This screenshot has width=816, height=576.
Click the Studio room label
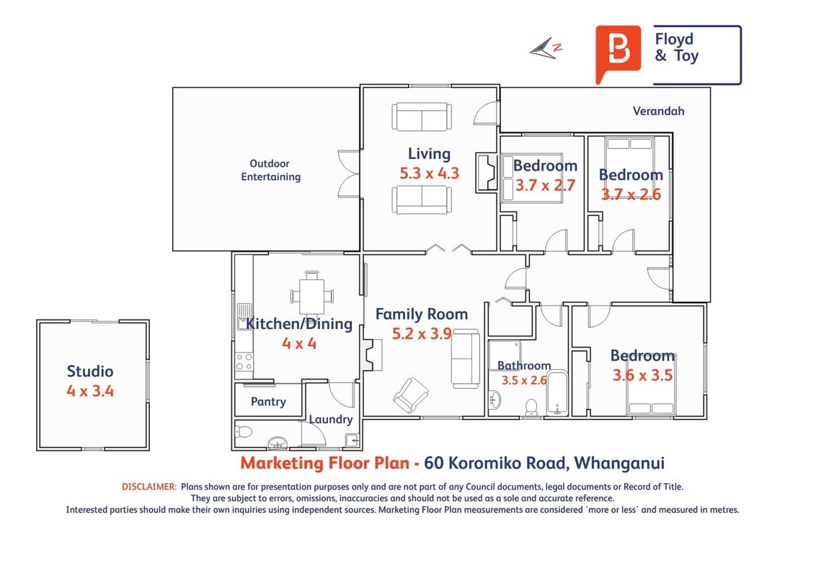pos(90,372)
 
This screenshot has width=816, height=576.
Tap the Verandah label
pos(658,111)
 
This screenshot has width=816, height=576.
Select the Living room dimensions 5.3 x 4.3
pos(430,173)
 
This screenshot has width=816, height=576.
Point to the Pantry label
pos(268,401)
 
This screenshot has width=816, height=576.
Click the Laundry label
pos(330,419)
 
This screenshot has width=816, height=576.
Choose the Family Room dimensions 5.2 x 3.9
pos(422,333)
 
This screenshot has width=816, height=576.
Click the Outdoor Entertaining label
pos(270,170)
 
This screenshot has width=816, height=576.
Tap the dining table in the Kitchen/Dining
pos(312,296)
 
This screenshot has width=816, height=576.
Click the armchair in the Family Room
pos(411,395)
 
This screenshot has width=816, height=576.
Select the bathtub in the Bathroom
pos(557,393)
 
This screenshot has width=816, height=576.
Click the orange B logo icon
pos(618,53)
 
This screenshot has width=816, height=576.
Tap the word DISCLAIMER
pos(148,487)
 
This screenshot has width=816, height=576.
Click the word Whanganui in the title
pos(618,463)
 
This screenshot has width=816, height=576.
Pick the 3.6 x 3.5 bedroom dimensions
pos(643,375)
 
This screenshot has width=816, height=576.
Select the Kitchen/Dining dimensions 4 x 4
pos(299,343)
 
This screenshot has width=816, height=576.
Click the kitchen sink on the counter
pos(244,317)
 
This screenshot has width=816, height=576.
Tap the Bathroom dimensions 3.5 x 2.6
pos(524,380)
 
